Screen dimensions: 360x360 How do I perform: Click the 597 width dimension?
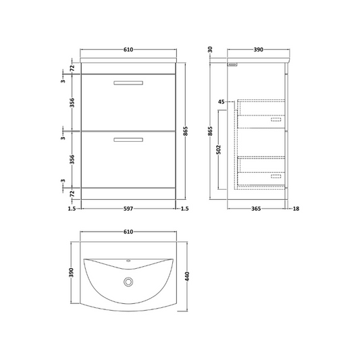click(128, 209)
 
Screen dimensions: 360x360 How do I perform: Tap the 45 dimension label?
click(221, 101)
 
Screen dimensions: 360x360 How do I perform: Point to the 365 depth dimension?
click(256, 209)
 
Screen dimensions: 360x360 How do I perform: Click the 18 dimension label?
click(295, 209)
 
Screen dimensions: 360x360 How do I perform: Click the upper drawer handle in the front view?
click(128, 83)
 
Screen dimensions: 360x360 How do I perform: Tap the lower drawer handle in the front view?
click(128, 140)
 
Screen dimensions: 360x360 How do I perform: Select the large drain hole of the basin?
click(129, 282)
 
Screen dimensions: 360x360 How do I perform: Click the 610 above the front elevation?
click(128, 49)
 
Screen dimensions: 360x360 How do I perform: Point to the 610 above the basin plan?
click(128, 231)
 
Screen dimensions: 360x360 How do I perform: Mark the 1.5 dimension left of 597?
click(72, 209)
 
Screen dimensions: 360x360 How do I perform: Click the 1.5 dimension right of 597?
click(184, 209)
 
